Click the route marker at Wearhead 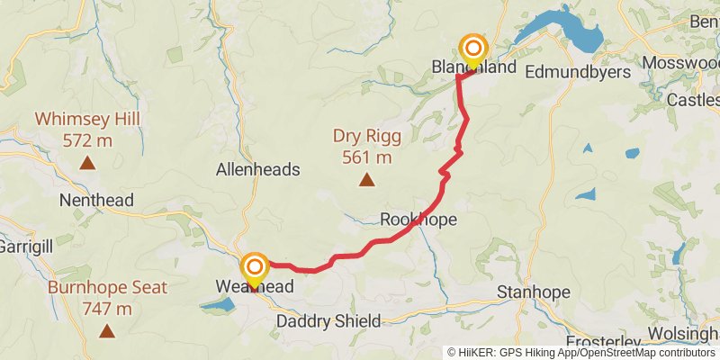(x=255, y=267)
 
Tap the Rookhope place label (x=418, y=220)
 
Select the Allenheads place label (x=258, y=169)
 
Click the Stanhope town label (x=535, y=292)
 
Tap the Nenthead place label (x=96, y=201)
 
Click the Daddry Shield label (x=328, y=321)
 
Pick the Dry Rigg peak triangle (x=366, y=180)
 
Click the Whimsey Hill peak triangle (x=86, y=163)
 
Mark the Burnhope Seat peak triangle (x=107, y=331)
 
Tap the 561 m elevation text (x=366, y=157)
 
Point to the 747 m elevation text (x=107, y=309)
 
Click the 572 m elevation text (x=87, y=140)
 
